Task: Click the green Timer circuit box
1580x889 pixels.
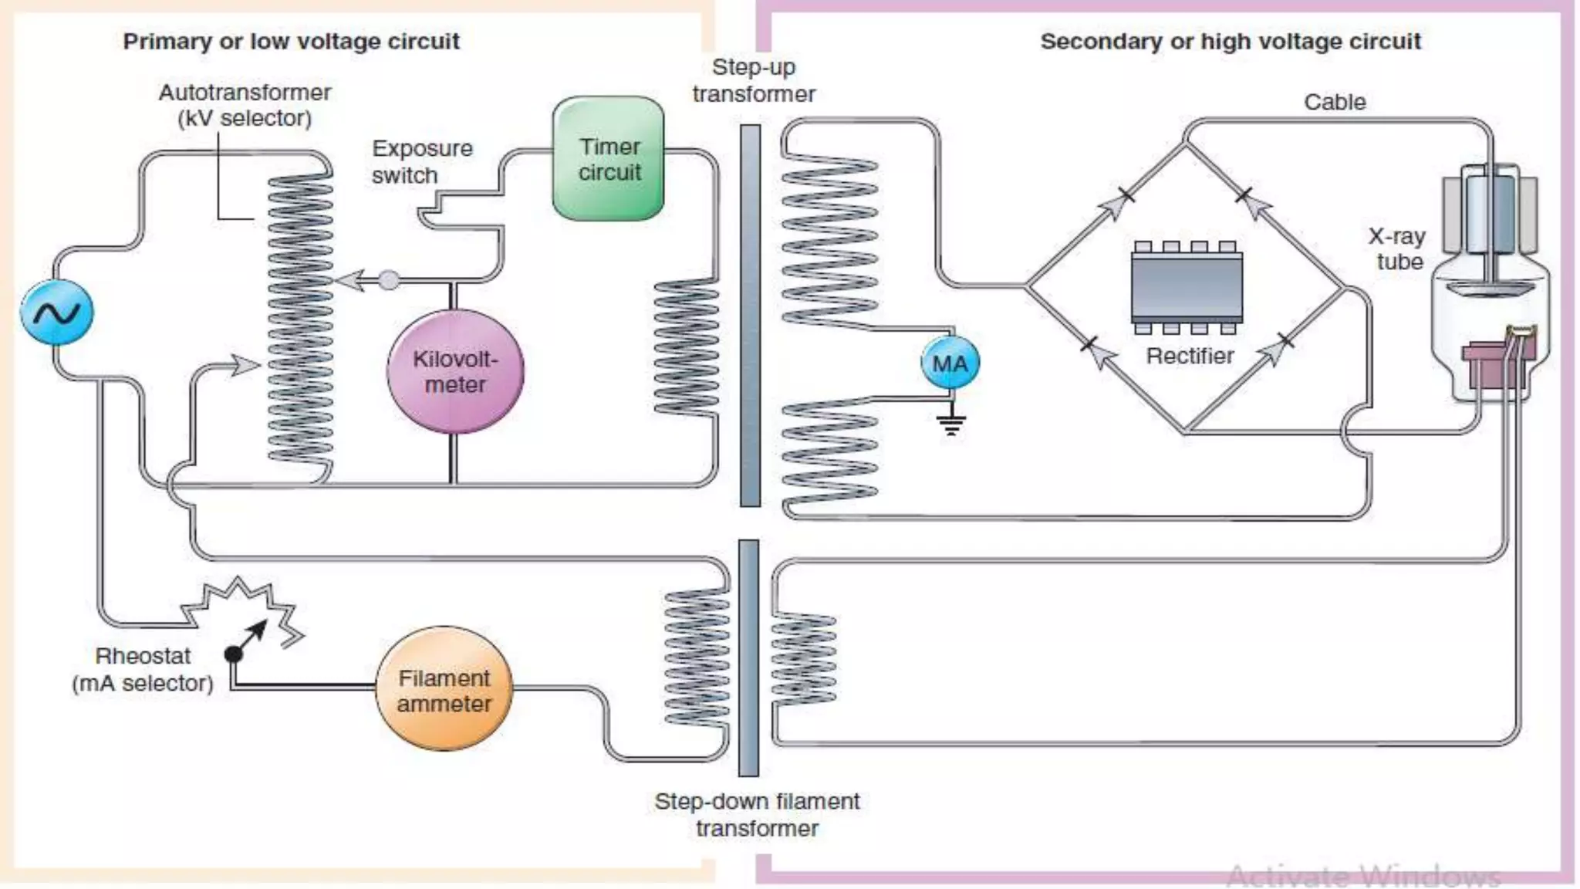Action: [x=608, y=159]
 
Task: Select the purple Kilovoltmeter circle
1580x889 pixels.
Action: [x=455, y=372]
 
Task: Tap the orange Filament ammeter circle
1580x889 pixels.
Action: [x=444, y=690]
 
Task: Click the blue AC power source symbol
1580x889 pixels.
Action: [x=56, y=313]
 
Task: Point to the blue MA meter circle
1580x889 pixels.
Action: [x=950, y=363]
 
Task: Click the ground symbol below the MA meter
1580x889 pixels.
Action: [x=951, y=424]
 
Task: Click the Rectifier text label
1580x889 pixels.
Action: [x=1190, y=356]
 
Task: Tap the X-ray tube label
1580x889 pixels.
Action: [x=1398, y=248]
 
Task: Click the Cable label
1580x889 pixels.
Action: [x=1335, y=102]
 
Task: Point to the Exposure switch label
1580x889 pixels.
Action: [x=421, y=161]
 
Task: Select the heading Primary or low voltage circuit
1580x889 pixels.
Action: [x=291, y=41]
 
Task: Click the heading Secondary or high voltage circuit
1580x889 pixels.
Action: [x=1230, y=41]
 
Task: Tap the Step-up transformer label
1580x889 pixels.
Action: [x=753, y=80]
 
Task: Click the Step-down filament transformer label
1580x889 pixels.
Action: [x=757, y=814]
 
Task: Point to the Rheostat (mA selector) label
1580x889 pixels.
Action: [x=143, y=669]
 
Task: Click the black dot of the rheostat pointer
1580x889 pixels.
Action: [x=233, y=654]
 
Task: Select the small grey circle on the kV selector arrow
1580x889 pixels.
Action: [x=390, y=279]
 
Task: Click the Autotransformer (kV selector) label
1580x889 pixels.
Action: [x=245, y=105]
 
